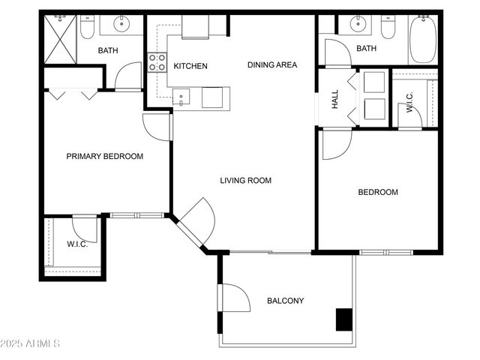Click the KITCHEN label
[190, 66]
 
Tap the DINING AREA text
[272, 65]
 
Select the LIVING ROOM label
[245, 181]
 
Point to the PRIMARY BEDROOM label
[104, 157]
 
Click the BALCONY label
[286, 301]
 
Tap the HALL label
[335, 99]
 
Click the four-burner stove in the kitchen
[157, 62]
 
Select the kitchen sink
[181, 97]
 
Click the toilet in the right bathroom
[388, 28]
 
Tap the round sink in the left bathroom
[122, 25]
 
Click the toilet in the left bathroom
[88, 28]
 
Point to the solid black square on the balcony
[343, 319]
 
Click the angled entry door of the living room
[196, 223]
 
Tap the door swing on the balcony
[235, 298]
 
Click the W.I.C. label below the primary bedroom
[77, 244]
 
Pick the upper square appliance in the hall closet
[373, 82]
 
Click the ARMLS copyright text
[31, 344]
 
